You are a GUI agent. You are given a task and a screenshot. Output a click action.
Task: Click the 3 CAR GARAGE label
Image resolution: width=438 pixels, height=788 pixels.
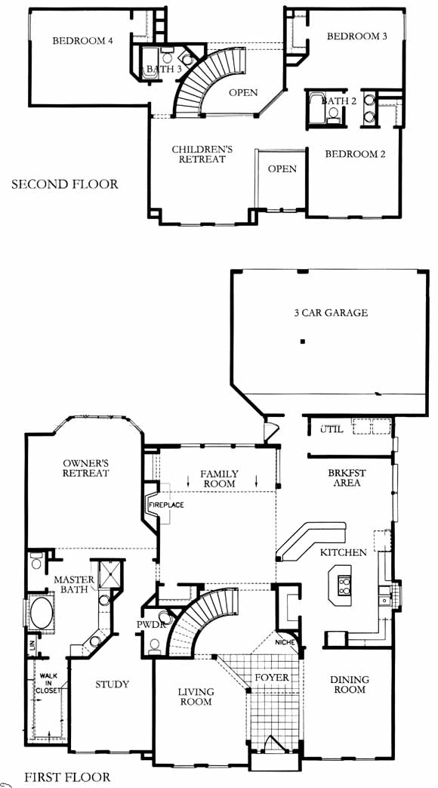pyautogui.click(x=331, y=313)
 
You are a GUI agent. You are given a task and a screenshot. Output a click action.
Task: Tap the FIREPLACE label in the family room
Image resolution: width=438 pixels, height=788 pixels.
pyautogui.click(x=166, y=505)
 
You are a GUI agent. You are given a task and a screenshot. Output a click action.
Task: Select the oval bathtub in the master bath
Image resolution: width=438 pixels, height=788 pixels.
pyautogui.click(x=42, y=612)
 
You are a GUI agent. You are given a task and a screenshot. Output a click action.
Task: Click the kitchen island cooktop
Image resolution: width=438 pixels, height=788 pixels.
pyautogui.click(x=344, y=583)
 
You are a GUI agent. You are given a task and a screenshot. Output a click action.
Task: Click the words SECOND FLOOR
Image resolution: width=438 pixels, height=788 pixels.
pyautogui.click(x=65, y=184)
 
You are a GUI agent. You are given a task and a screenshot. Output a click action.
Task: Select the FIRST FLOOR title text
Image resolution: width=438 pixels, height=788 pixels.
pyautogui.click(x=66, y=777)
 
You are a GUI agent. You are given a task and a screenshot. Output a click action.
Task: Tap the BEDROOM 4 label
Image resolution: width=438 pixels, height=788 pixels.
pyautogui.click(x=82, y=41)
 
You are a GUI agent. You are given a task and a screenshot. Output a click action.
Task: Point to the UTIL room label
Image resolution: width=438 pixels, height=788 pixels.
pyautogui.click(x=332, y=430)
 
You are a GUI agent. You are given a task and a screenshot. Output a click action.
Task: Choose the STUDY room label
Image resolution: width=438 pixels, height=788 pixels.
pyautogui.click(x=112, y=684)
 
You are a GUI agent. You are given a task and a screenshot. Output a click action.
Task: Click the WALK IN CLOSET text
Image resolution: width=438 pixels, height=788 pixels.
pyautogui.click(x=48, y=683)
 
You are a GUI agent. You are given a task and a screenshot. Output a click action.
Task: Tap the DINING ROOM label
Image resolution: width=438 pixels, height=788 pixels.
pyautogui.click(x=349, y=684)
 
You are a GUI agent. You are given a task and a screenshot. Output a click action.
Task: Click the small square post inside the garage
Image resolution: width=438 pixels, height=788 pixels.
pyautogui.click(x=302, y=341)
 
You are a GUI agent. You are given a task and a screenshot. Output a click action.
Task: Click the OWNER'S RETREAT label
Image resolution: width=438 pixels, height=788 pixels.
pyautogui.click(x=86, y=468)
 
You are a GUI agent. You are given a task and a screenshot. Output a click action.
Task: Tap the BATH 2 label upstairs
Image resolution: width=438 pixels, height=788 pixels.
pyautogui.click(x=339, y=101)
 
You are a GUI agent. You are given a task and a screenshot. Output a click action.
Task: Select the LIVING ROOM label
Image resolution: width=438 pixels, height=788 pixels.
pyautogui.click(x=196, y=697)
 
